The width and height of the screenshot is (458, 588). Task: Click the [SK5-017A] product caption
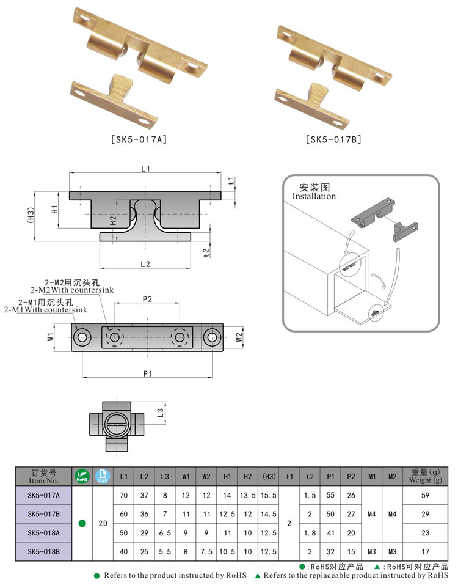click(139, 139)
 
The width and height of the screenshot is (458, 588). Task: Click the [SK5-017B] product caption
click(333, 139)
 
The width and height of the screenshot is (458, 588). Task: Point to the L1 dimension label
click(145, 169)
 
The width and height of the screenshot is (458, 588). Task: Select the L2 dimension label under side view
click(145, 264)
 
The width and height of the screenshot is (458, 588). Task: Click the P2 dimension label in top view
click(147, 298)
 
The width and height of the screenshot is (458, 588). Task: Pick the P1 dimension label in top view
click(147, 374)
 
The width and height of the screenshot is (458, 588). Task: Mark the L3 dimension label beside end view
click(161, 413)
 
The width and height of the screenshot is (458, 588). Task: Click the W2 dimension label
click(239, 337)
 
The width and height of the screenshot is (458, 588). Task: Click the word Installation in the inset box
click(314, 196)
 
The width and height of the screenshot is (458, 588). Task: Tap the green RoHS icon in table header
click(81, 476)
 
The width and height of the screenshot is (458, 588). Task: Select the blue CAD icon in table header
click(103, 476)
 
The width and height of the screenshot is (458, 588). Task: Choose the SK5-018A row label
click(43, 533)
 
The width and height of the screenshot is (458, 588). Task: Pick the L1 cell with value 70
click(124, 496)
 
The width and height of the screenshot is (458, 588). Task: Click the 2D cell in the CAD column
click(103, 524)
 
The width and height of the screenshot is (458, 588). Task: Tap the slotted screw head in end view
click(117, 421)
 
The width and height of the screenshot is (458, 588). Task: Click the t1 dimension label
click(231, 181)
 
